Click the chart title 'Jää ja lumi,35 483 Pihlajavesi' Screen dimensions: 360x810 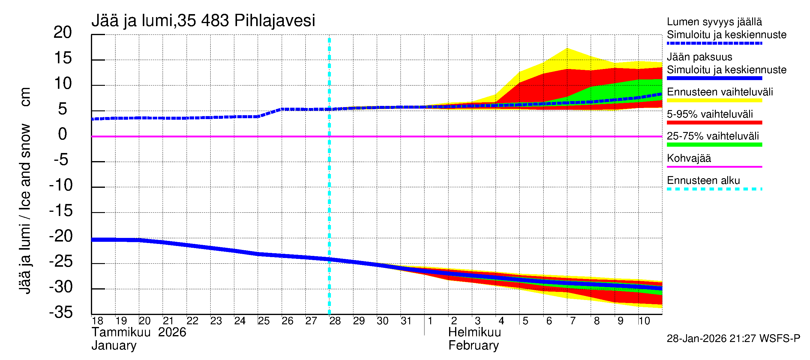point(203,21)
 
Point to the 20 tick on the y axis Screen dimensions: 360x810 point(63,32)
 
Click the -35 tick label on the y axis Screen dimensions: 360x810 point(61,313)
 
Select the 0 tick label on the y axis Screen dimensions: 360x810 point(63,134)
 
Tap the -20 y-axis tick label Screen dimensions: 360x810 point(61,236)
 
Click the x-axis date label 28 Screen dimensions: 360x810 point(335,321)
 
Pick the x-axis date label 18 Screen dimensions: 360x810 point(97,321)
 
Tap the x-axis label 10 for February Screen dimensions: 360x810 point(644,321)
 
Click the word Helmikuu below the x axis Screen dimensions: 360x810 point(475,332)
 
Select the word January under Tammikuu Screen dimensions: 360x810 point(114,346)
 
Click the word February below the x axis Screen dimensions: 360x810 point(473,346)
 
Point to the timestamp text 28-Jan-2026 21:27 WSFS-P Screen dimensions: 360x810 point(733,339)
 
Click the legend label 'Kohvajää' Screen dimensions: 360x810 point(689,158)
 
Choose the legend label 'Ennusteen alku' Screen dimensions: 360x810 point(703,181)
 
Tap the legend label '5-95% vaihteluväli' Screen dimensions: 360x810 point(710,114)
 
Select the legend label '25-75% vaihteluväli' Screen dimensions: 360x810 point(713,136)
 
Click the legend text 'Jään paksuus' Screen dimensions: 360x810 point(700,57)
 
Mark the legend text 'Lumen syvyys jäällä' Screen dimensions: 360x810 point(714,22)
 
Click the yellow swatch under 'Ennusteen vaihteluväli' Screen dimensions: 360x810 point(714,100)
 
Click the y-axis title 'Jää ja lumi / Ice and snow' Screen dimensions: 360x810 point(25,209)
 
